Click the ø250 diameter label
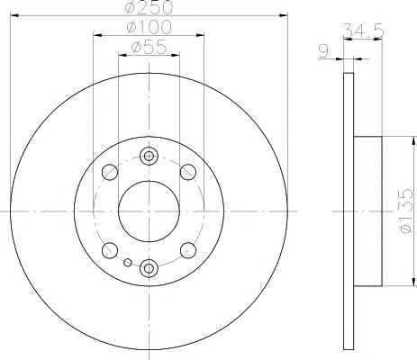(149, 7)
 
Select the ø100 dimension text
(149, 27)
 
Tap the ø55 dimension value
(149, 47)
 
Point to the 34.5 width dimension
(363, 30)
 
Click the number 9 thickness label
(323, 51)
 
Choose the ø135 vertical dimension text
(406, 211)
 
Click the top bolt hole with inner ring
(149, 156)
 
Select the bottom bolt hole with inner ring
(149, 268)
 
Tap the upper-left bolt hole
(110, 172)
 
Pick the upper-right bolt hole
(188, 172)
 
